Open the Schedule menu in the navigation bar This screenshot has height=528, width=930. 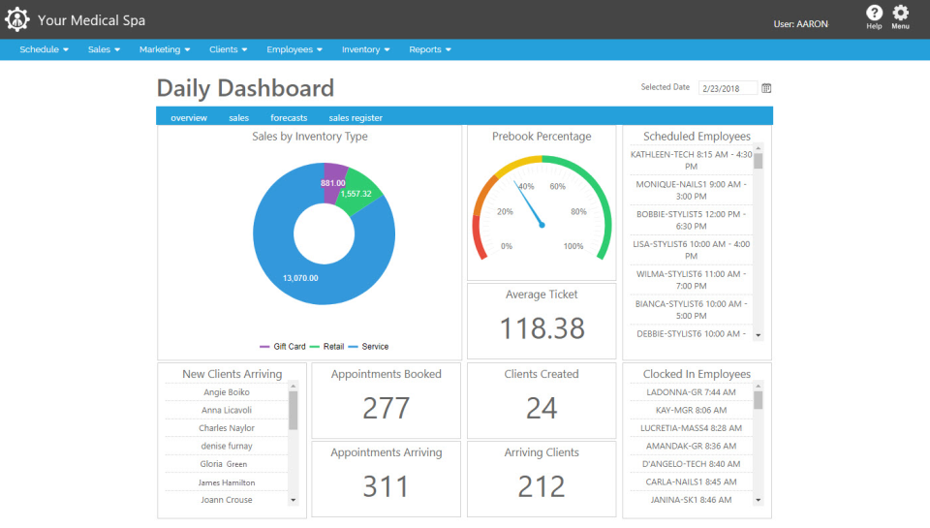click(x=44, y=49)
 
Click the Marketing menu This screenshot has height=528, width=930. click(x=164, y=49)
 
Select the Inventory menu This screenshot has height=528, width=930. click(x=365, y=49)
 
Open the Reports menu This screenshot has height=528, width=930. click(x=429, y=49)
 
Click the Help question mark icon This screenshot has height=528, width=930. click(x=874, y=14)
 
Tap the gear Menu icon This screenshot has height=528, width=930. click(x=901, y=14)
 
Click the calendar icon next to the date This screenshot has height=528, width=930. click(x=766, y=88)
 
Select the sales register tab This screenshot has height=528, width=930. click(x=356, y=118)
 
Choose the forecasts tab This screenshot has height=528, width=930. click(x=289, y=118)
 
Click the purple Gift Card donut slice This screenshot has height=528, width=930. click(x=332, y=183)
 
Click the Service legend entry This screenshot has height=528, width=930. click(x=374, y=346)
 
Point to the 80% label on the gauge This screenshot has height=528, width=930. click(x=578, y=212)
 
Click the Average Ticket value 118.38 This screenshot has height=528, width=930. click(x=542, y=328)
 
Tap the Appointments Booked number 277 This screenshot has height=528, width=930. click(x=386, y=408)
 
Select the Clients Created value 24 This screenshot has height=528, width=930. click(x=541, y=408)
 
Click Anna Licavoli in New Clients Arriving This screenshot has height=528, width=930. click(x=226, y=410)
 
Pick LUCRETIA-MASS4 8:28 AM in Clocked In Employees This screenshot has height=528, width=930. click(x=691, y=427)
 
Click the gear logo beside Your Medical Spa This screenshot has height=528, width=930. click(x=17, y=19)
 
